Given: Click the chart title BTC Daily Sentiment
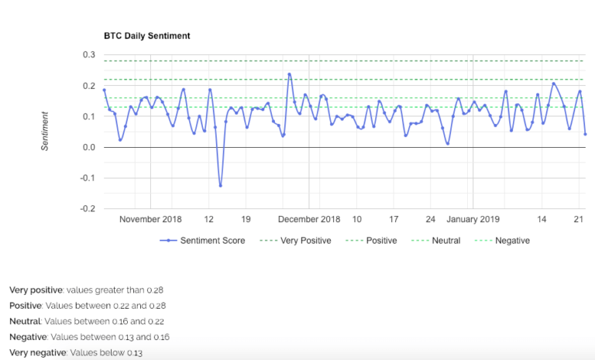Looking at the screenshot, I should [146, 36].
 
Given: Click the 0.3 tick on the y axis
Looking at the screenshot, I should [89, 55].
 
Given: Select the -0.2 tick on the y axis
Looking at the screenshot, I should [88, 209].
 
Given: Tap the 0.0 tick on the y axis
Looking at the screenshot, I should [89, 148].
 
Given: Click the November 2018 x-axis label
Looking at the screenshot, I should [150, 219].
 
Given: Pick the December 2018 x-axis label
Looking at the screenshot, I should [309, 219].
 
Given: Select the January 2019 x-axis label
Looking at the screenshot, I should [473, 219].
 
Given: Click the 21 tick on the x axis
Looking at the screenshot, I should [578, 219].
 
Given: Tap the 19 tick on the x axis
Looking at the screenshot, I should [246, 219].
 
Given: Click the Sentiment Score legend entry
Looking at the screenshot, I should [212, 241].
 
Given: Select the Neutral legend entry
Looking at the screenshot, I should [444, 241].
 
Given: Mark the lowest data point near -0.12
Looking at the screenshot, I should [220, 185].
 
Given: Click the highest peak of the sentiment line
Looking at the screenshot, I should [289, 74].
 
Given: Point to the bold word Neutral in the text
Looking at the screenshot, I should [25, 321].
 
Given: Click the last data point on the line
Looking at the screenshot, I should [585, 134].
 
